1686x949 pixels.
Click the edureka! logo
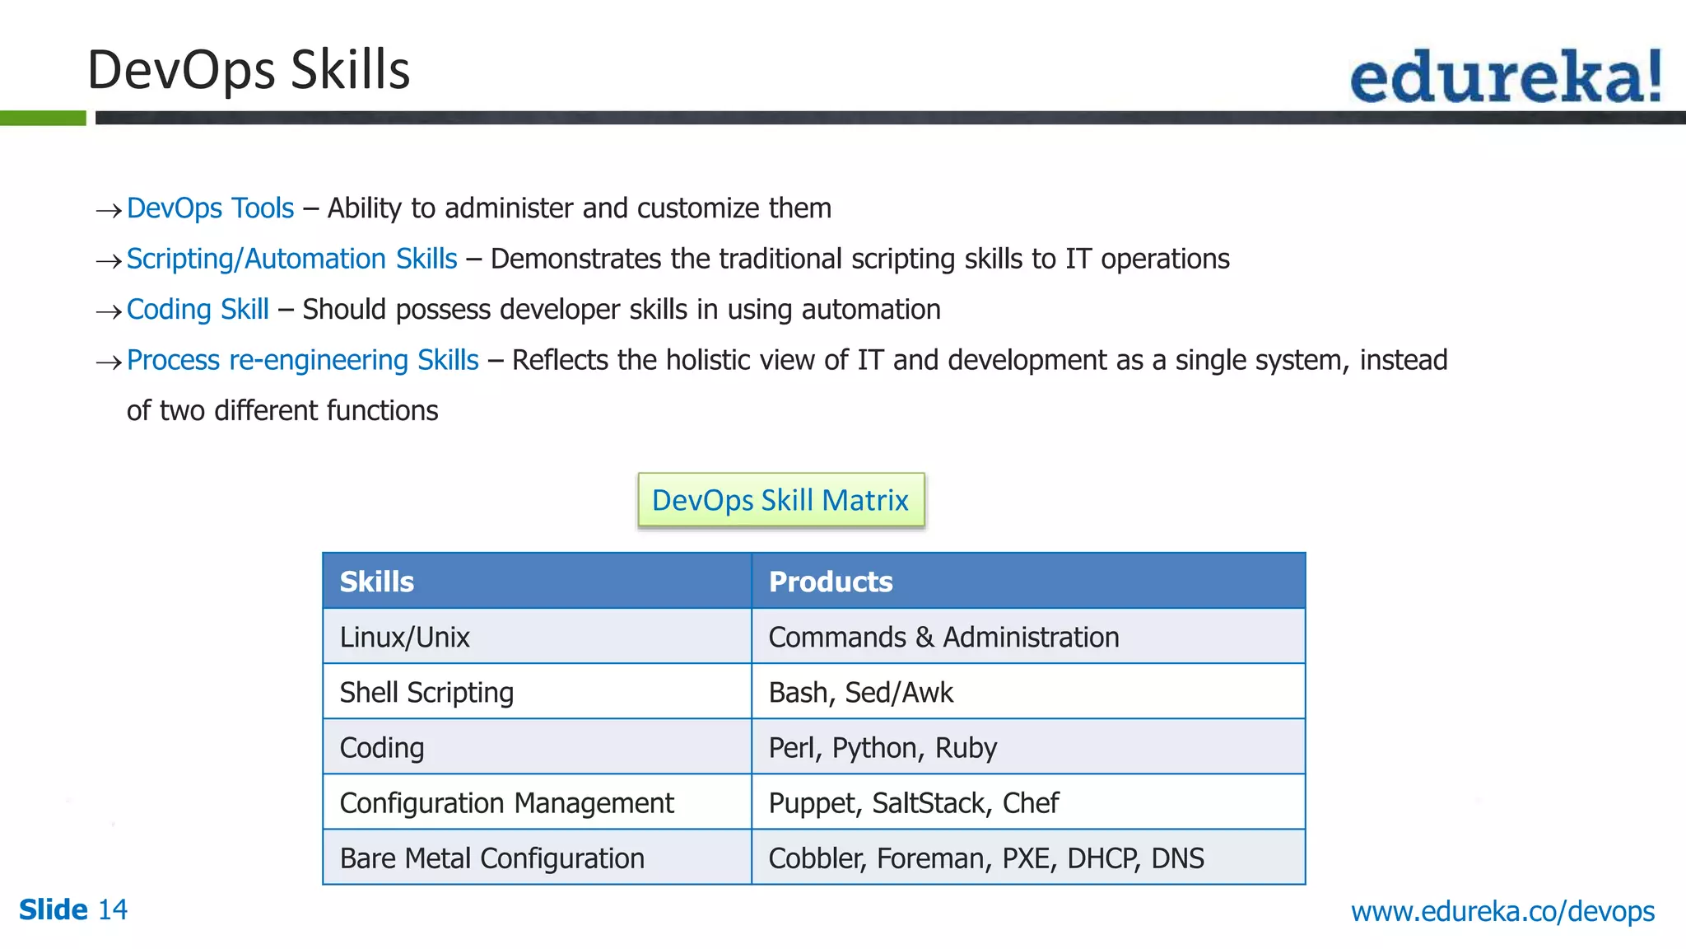[1505, 77]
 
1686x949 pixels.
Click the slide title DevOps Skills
[248, 70]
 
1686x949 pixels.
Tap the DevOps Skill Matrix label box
[780, 500]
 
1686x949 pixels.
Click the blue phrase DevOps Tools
[210, 208]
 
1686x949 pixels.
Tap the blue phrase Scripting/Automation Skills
[291, 259]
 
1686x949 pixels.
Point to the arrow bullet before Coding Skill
[109, 311]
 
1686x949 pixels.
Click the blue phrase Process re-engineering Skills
[302, 360]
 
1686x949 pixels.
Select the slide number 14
[113, 909]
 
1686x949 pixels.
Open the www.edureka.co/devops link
[1502, 911]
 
